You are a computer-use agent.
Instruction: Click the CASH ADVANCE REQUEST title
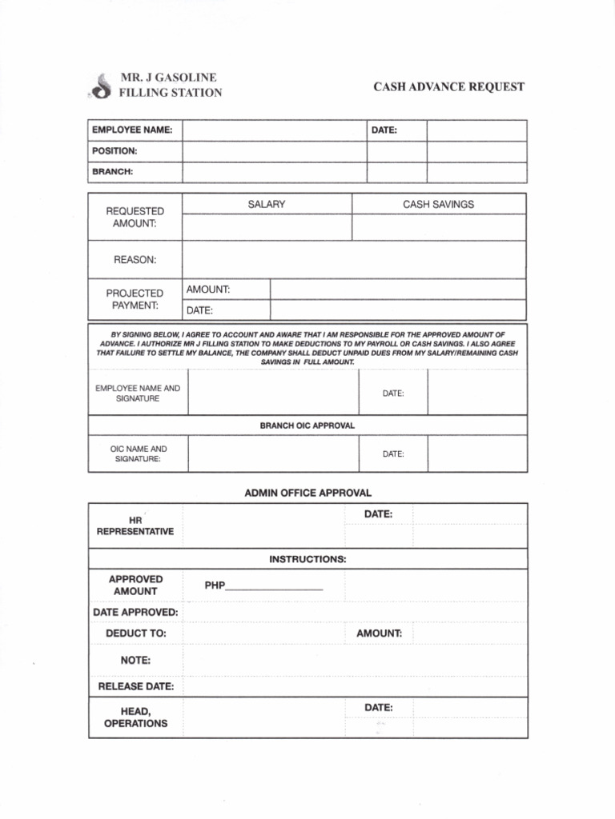(449, 86)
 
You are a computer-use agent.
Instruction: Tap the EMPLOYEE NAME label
(132, 130)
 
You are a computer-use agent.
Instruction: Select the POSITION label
(115, 150)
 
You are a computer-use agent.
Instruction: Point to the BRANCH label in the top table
(112, 172)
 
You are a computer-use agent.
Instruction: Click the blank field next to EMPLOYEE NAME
(274, 130)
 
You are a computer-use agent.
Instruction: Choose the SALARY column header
(267, 205)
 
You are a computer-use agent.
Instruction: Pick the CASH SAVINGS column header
(438, 205)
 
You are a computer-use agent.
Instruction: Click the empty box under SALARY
(267, 227)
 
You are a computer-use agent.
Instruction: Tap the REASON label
(135, 260)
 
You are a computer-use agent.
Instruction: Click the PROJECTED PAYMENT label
(135, 299)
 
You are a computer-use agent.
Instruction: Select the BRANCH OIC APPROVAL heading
(307, 425)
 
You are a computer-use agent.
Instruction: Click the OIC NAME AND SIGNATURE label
(138, 454)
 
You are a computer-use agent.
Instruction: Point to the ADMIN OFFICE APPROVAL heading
(307, 493)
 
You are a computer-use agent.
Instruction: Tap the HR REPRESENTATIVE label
(135, 525)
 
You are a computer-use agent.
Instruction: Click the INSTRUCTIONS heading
(307, 559)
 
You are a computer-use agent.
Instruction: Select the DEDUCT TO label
(136, 633)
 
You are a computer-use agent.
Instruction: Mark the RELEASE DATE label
(135, 686)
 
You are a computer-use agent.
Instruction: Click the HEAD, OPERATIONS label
(135, 717)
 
